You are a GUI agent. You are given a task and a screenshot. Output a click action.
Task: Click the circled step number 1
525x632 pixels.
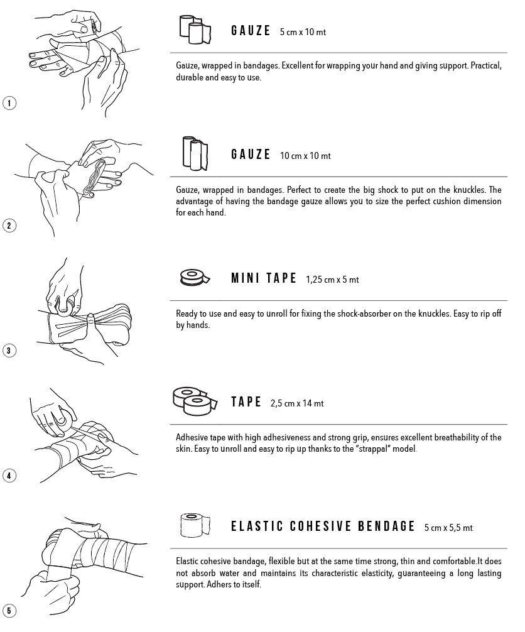(9, 103)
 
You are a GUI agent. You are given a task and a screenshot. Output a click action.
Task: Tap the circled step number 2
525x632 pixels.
(9, 226)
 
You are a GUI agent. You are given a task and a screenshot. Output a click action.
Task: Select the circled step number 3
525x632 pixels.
(9, 351)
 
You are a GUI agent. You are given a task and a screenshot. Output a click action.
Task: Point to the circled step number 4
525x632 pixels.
(9, 475)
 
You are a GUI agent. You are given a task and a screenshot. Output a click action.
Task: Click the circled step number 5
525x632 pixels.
(9, 610)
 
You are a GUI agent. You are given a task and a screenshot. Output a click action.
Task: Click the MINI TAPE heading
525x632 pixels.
(264, 278)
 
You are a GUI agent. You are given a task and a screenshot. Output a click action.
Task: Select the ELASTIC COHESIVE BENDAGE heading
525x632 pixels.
(323, 526)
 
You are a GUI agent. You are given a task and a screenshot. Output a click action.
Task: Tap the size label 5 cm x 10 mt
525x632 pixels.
(303, 32)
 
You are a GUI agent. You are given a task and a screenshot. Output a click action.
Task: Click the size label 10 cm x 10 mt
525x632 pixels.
(305, 156)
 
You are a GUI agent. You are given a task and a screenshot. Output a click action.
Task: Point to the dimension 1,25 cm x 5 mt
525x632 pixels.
(332, 280)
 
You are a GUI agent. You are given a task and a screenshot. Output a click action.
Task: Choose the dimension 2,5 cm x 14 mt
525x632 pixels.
(297, 403)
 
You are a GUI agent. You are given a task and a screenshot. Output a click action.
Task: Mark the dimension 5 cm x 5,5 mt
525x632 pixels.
(448, 527)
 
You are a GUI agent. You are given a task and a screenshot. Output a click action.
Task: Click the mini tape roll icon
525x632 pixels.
(195, 277)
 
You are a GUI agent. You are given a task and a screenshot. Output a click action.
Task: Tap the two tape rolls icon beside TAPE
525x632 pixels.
(195, 401)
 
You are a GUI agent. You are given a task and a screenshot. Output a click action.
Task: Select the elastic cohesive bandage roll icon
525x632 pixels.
(195, 525)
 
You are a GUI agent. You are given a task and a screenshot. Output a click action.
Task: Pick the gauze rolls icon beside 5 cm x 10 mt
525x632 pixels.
(195, 30)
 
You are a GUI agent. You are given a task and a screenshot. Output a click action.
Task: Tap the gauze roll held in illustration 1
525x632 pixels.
(94, 26)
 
